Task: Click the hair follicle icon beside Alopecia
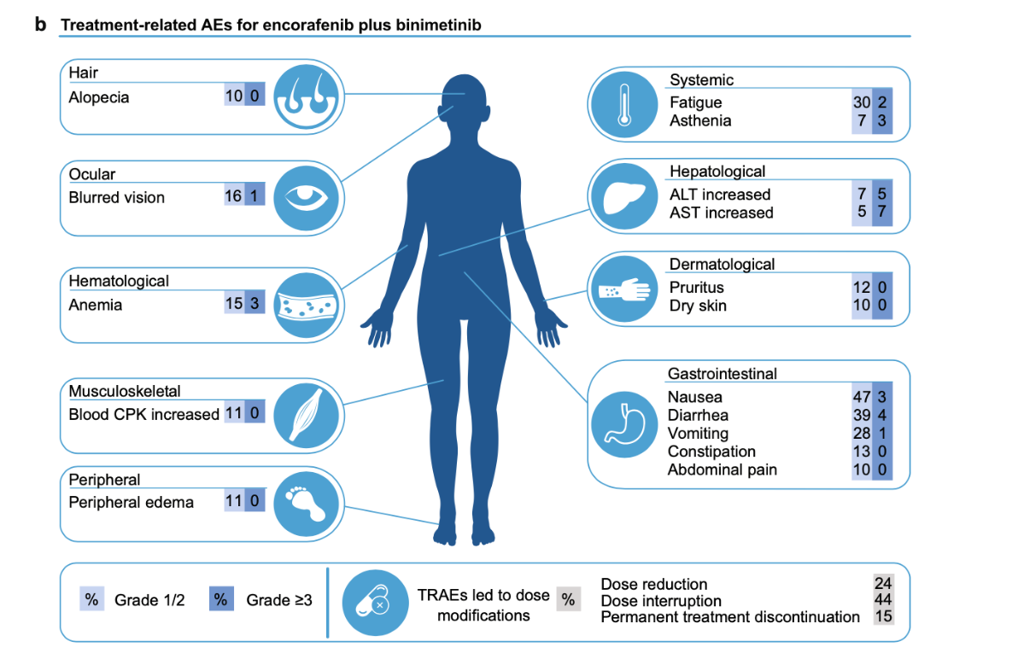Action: click(307, 96)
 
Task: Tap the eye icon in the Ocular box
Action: click(307, 198)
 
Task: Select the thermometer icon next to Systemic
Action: click(624, 104)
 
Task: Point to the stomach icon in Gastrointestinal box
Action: click(624, 424)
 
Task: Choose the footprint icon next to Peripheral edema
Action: click(307, 504)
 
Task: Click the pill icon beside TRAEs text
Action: click(375, 603)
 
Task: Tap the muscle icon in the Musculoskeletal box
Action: click(307, 416)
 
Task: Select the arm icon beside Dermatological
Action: click(624, 289)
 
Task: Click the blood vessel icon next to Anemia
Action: click(307, 306)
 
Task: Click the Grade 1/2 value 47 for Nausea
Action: click(862, 397)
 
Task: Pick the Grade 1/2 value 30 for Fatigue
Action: click(862, 102)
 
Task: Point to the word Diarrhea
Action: click(698, 415)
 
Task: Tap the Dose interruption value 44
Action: click(883, 599)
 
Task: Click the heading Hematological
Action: click(119, 281)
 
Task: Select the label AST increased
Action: click(722, 213)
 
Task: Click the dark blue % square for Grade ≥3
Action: click(220, 599)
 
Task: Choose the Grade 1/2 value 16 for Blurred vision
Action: click(233, 196)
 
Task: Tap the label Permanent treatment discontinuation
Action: click(729, 617)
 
